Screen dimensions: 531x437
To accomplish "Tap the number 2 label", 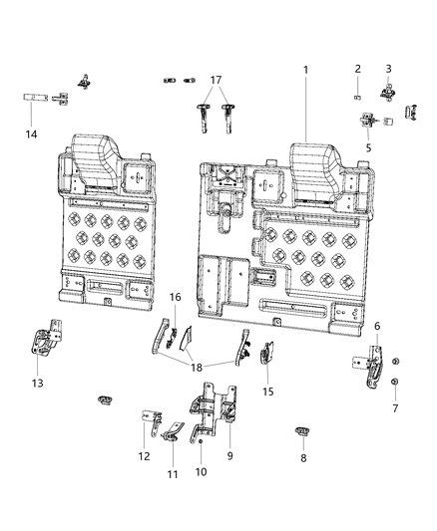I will click(357, 69).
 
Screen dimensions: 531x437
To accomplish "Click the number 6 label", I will click(376, 327).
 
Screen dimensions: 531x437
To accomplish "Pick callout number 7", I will click(394, 408).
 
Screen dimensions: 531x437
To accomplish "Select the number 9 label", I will click(231, 456).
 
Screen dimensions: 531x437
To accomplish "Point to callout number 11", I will click(173, 474).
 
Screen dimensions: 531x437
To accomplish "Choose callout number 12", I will click(145, 456).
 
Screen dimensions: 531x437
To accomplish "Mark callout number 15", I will click(266, 392).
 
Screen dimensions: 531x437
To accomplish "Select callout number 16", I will click(175, 297).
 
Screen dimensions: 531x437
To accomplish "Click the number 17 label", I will click(217, 79).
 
